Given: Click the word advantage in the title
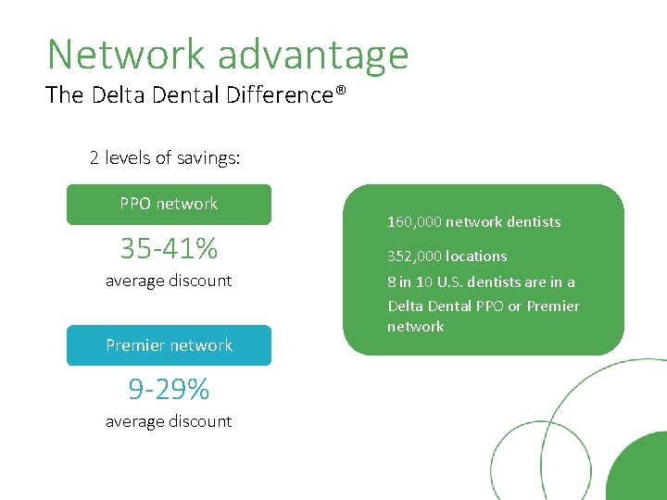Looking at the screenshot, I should coord(313,56).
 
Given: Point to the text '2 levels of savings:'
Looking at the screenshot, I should coord(165,157).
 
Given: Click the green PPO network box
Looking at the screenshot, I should coord(169,205).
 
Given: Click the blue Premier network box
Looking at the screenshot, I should coord(169,345).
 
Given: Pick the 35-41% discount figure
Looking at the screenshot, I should coord(169,248).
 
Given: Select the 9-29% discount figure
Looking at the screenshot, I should coord(169,389).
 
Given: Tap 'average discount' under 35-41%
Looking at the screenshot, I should coord(169,281).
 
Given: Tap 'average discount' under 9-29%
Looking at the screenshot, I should coord(169,421).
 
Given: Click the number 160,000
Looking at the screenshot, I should coord(414,222).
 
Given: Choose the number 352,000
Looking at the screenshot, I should coord(414,256).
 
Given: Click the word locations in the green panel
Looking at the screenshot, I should coord(476,256).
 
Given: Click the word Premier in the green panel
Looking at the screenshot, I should coord(553,306).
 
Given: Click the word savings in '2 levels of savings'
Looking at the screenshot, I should coord(208,157).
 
